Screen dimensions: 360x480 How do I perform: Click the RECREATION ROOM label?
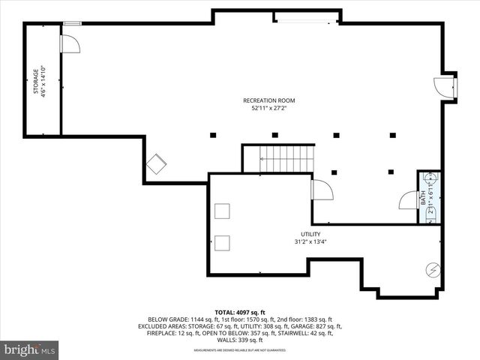268,100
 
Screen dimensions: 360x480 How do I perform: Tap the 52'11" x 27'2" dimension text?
268,109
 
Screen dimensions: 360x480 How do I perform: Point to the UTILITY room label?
310,234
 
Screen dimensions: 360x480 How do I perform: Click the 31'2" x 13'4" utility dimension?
310,241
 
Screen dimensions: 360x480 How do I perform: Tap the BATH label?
423,199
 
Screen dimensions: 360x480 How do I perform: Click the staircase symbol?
286,159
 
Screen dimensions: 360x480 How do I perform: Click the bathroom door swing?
409,201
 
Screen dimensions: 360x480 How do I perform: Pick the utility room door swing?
322,190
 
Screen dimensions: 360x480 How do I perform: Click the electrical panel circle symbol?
433,268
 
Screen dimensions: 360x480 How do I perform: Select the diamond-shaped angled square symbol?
157,164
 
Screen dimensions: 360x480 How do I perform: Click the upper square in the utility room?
222,211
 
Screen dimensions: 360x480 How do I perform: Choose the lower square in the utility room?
222,242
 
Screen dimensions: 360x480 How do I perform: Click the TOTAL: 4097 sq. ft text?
240,312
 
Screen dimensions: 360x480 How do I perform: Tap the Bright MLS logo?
31,349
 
